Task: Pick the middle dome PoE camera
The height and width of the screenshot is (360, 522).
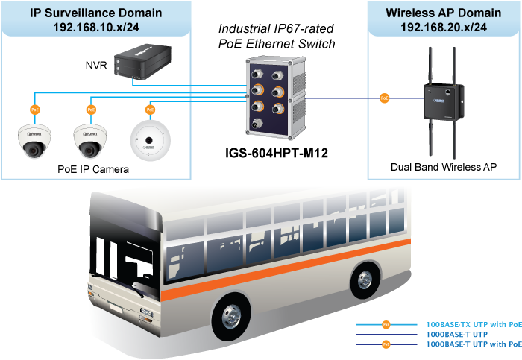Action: [91, 140]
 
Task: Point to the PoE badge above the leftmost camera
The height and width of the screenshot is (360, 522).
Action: [34, 110]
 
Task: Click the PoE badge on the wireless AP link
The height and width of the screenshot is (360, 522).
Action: [385, 98]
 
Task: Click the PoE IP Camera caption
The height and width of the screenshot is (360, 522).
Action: [93, 169]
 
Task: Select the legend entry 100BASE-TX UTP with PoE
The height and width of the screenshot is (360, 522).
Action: [473, 325]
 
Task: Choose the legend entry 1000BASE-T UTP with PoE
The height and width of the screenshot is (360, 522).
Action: [473, 344]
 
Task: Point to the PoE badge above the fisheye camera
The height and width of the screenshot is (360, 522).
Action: [148, 110]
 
